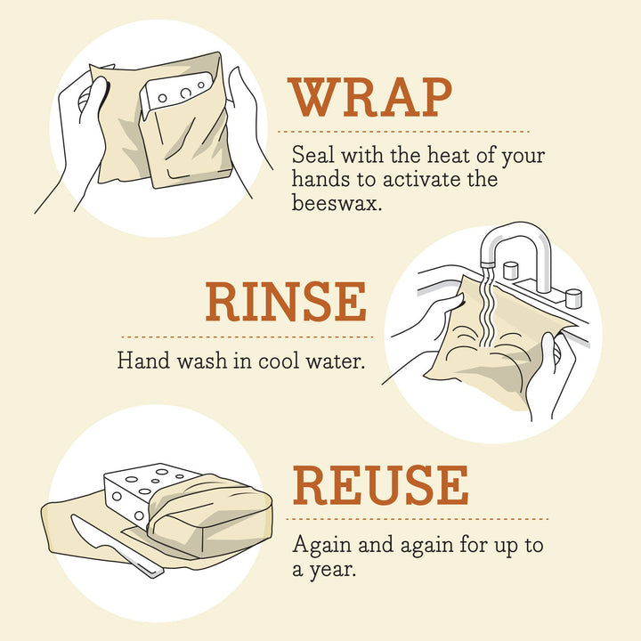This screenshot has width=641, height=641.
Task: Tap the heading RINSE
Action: (286, 303)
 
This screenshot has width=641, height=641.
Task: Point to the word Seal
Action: (311, 156)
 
